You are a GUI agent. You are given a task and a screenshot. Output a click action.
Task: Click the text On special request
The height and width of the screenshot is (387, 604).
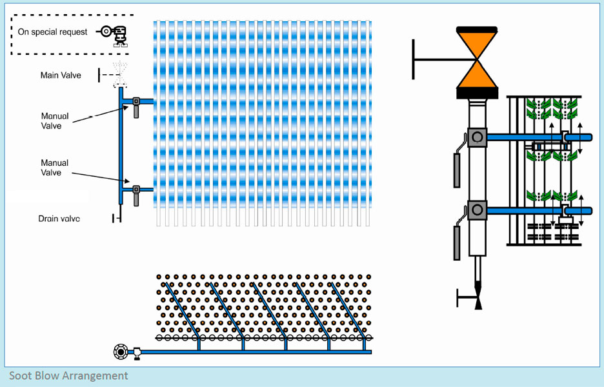click(x=52, y=32)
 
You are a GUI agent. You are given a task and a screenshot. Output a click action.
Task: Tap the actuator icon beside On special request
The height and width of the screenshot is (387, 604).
click(x=114, y=34)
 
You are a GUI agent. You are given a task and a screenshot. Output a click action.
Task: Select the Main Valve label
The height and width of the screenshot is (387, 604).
click(x=61, y=75)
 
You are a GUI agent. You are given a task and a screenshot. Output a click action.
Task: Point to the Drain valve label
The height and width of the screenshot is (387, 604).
click(x=59, y=219)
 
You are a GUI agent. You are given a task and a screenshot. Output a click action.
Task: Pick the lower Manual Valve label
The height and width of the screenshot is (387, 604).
click(x=55, y=168)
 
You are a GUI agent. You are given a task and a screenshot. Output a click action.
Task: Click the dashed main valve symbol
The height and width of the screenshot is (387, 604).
click(x=118, y=75)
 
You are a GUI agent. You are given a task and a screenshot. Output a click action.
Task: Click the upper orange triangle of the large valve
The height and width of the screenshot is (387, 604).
click(x=476, y=45)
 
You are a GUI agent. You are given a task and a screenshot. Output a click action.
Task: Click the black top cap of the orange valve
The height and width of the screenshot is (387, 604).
click(x=476, y=29)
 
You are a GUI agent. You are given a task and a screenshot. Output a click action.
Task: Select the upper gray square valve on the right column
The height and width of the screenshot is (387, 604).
click(x=477, y=136)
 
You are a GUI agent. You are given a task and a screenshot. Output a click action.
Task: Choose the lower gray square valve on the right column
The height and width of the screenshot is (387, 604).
click(x=477, y=210)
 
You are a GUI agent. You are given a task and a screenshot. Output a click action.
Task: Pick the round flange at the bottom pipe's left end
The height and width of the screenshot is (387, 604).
click(x=120, y=352)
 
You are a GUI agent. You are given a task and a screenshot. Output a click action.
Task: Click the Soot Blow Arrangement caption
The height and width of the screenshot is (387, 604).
click(x=68, y=375)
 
